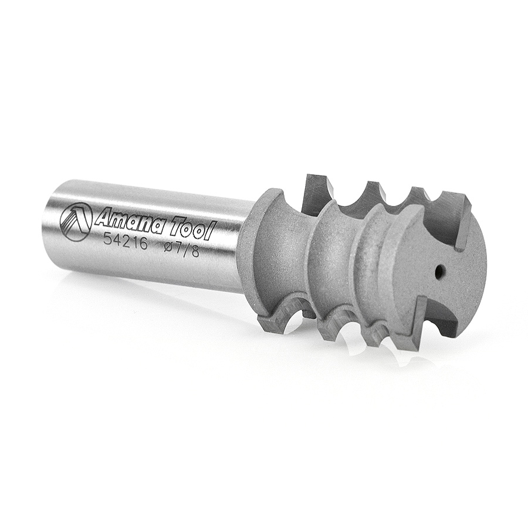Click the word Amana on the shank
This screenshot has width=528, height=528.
click(x=127, y=222)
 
